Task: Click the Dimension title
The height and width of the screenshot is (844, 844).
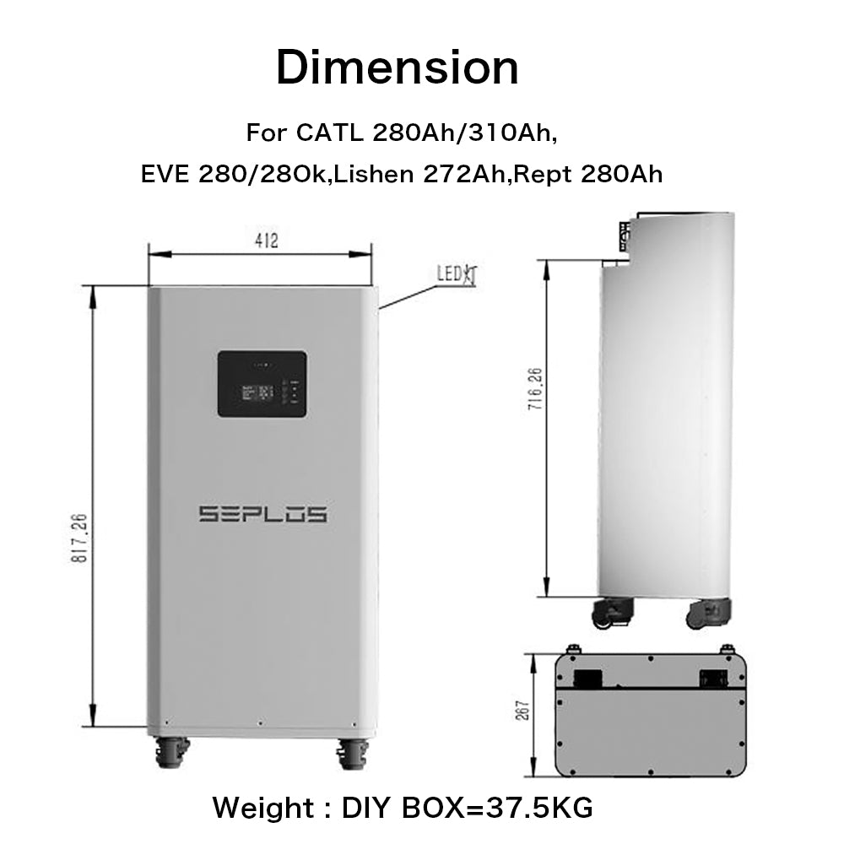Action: pos(397,68)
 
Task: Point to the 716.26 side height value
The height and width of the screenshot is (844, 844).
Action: pos(534,388)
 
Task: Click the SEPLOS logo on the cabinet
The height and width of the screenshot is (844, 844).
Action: pos(262,514)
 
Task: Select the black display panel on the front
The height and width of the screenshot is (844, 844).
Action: pos(262,384)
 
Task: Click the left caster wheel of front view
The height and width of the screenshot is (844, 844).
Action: pos(171,752)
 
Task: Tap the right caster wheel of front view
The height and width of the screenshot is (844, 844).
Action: pos(353,752)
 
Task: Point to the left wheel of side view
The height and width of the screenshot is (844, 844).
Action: pos(614,612)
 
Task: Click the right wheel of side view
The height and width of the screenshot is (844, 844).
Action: pos(707,612)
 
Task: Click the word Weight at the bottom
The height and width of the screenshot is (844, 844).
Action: pos(262,808)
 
